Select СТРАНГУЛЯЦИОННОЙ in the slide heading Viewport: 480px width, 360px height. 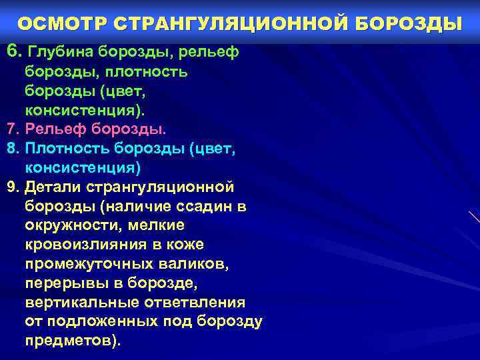click(x=224, y=24)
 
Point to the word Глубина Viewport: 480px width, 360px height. click(x=60, y=51)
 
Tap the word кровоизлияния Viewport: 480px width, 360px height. click(x=90, y=245)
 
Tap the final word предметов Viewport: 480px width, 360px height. click(x=71, y=341)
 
